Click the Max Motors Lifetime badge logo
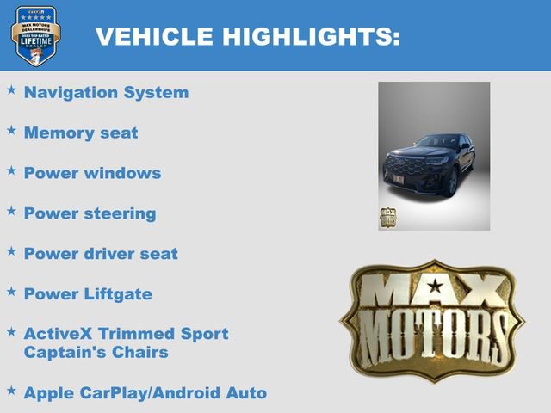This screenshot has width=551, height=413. [35, 36]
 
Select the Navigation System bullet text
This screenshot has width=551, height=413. [106, 92]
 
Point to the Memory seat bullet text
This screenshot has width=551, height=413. [81, 133]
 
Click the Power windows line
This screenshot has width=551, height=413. [92, 173]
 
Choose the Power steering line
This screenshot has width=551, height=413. [90, 213]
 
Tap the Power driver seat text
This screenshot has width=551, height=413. [101, 254]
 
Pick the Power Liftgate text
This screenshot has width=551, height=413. [88, 294]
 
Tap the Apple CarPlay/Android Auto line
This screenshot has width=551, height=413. [145, 393]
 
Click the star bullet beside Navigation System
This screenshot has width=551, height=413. [11, 89]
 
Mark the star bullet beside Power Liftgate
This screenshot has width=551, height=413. [11, 292]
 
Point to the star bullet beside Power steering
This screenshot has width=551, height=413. [11, 211]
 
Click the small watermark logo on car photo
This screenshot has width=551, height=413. [387, 216]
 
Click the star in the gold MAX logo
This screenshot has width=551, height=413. [435, 286]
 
